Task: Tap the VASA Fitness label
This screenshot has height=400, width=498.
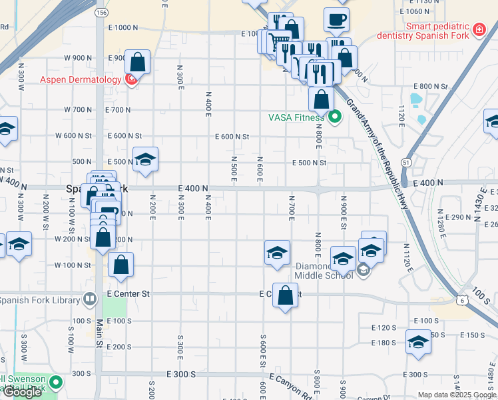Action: click(x=296, y=118)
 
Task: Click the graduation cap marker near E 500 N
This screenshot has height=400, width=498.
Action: click(x=145, y=159)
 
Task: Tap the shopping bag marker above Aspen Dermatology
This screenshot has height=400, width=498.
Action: click(x=137, y=62)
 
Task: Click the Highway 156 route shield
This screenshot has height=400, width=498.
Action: click(x=101, y=12)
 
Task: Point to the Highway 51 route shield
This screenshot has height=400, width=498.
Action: click(x=405, y=162)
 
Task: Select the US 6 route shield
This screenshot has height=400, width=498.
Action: click(x=461, y=301)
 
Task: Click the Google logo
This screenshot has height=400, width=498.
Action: click(x=22, y=392)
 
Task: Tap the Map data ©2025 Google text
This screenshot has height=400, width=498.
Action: click(x=457, y=395)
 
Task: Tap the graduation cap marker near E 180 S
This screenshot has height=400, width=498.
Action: click(x=418, y=341)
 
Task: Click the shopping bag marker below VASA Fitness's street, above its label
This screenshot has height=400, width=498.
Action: click(x=321, y=100)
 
